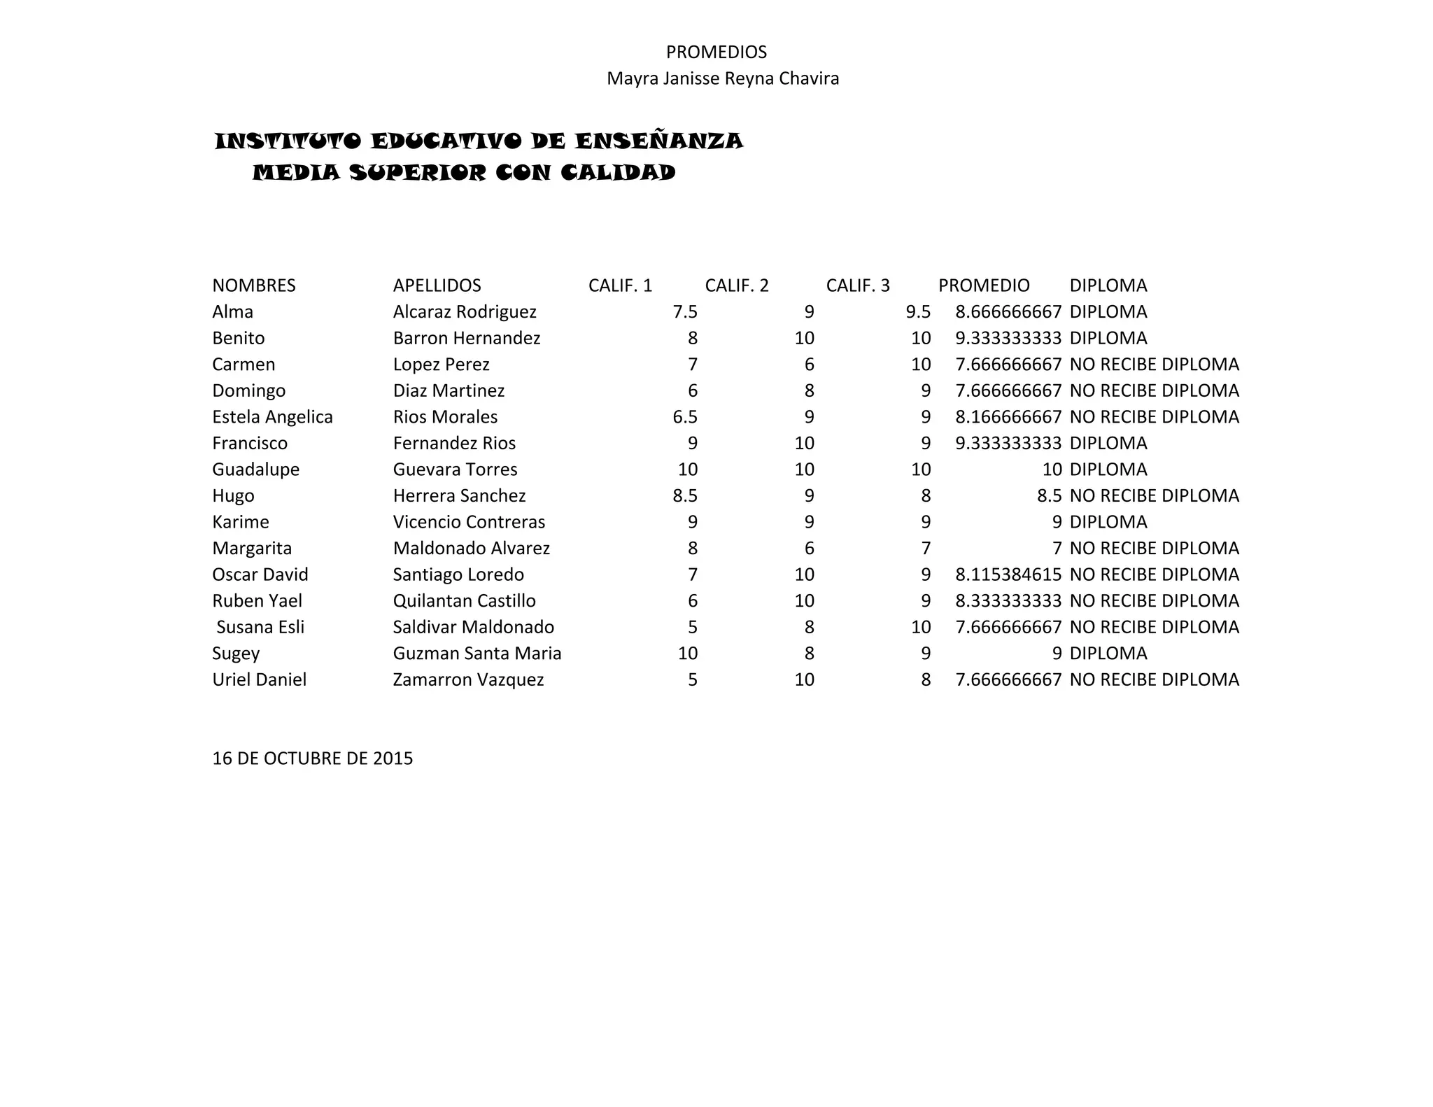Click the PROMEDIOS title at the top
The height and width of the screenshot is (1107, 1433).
716,52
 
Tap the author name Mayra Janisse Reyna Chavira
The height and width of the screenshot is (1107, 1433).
722,78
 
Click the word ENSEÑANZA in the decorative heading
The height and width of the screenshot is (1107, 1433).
658,141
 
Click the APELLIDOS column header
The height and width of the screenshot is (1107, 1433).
437,285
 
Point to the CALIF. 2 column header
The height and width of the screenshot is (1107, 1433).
736,285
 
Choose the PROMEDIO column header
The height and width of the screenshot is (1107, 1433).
983,285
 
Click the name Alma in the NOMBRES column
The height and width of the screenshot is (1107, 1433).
232,312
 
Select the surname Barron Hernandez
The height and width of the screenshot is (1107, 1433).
466,339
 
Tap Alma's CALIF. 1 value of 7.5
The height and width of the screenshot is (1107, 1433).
684,312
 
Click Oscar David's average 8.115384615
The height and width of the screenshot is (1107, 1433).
1008,575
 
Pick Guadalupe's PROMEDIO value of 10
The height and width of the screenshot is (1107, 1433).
1052,470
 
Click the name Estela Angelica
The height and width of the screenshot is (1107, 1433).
272,417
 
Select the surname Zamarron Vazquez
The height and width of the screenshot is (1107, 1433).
467,680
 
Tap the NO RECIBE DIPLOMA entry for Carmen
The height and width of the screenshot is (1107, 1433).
1154,365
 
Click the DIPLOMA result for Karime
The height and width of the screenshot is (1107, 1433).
1108,522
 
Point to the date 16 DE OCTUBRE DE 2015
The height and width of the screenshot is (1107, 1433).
312,759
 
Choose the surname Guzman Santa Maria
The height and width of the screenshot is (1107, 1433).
477,654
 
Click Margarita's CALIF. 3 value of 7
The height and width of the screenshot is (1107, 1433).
925,549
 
